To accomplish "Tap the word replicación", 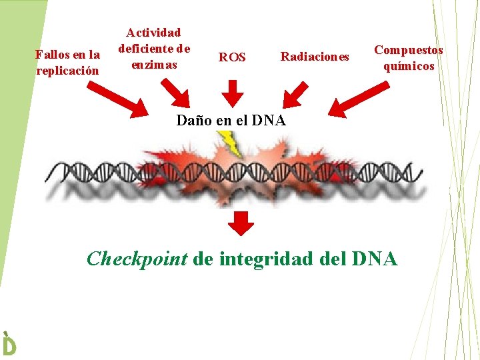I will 67,70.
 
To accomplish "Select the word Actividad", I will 154,32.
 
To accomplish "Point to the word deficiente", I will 145,48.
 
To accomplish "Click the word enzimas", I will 154,64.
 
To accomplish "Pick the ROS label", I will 232,57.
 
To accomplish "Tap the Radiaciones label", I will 315,57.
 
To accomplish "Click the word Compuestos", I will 409,50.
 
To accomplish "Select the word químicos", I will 409,66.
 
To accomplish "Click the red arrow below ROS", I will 232,93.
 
